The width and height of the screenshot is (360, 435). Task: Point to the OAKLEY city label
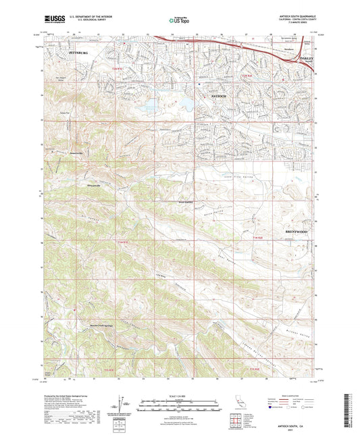point(308,66)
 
